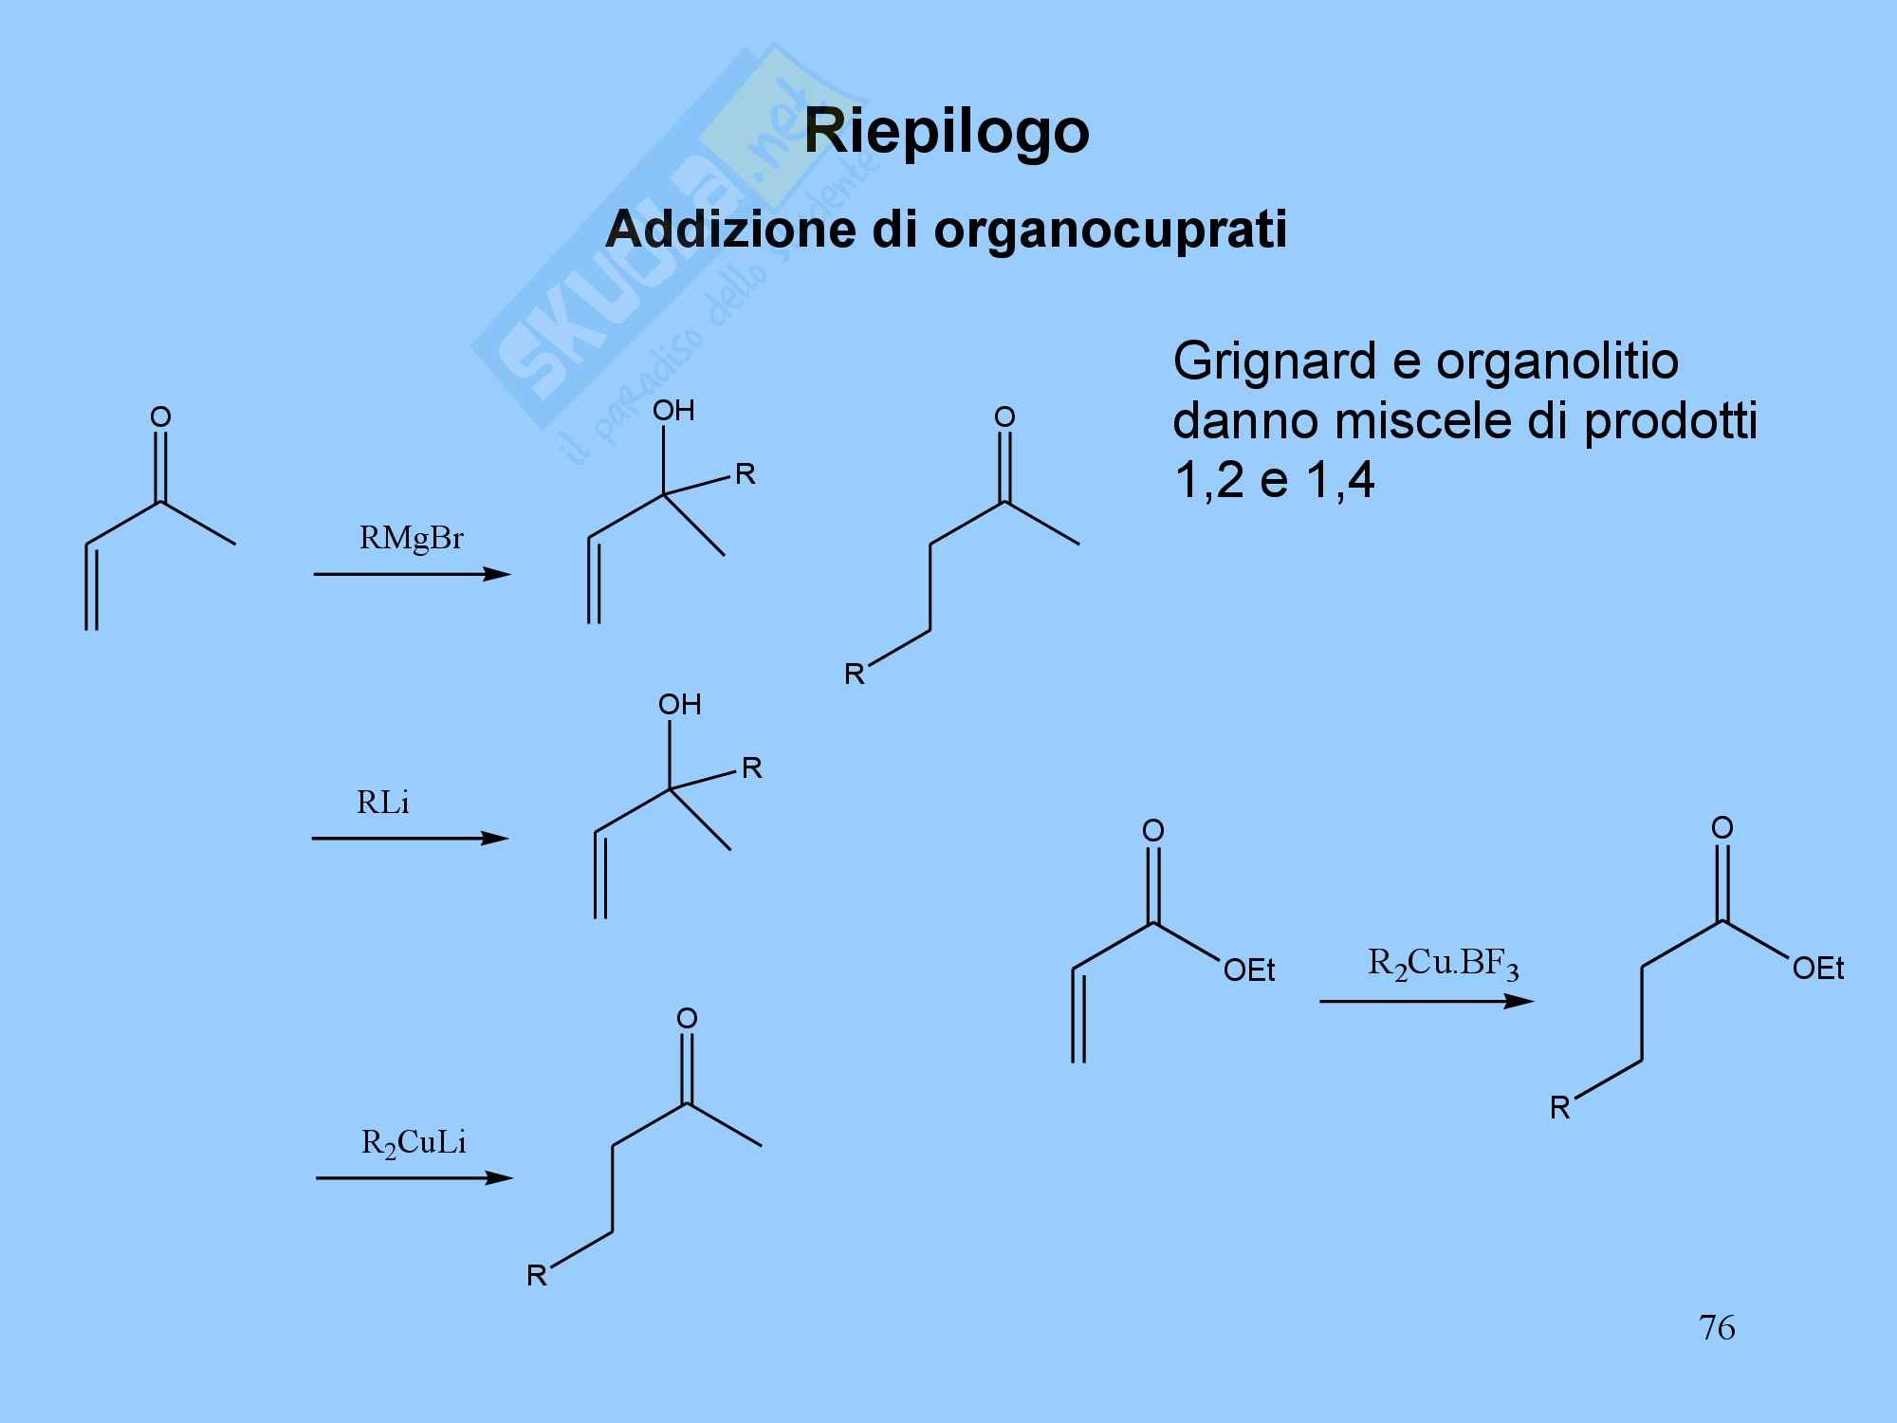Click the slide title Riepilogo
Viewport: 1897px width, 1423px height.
[947, 131]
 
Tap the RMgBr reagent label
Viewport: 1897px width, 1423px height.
[412, 539]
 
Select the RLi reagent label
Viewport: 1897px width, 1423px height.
[383, 804]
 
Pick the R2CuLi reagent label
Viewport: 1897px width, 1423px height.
[414, 1142]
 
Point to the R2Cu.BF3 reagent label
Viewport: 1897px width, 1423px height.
[1443, 965]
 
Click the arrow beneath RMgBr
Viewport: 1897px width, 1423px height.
[412, 574]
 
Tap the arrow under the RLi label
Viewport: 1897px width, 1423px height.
[410, 839]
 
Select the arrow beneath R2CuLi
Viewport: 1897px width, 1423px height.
[414, 1178]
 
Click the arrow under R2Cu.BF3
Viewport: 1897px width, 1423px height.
[1426, 1002]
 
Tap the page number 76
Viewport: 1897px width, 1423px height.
[1717, 1327]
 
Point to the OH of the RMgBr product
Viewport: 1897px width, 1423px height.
[673, 411]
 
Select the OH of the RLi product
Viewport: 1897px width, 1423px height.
[679, 705]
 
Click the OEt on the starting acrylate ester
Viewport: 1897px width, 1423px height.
[1249, 970]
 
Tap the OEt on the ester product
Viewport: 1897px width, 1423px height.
[1818, 969]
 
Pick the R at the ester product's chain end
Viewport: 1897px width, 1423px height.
[1560, 1108]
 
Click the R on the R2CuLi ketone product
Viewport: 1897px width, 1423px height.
[537, 1276]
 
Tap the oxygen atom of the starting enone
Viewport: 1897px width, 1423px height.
[160, 416]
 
